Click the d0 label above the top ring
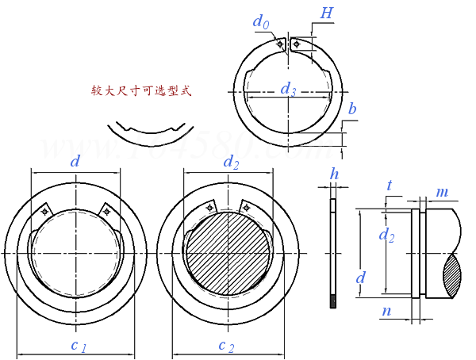click(x=261, y=22)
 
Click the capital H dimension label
click(x=326, y=13)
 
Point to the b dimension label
click(x=352, y=109)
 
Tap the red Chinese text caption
click(x=141, y=90)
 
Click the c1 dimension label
click(x=79, y=346)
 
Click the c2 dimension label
click(x=226, y=346)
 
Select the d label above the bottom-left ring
click(x=75, y=161)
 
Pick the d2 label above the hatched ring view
click(x=232, y=163)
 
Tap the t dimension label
click(x=390, y=186)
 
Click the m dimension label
click(x=442, y=193)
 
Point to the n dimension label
click(x=386, y=311)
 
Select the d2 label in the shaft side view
click(x=387, y=236)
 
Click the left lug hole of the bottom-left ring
click(x=44, y=211)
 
